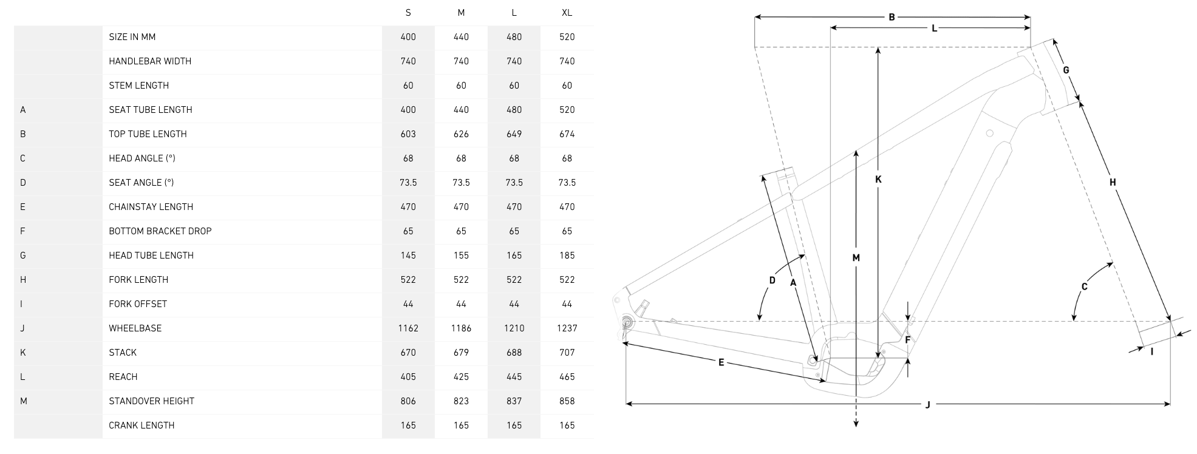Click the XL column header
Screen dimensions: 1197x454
point(567,13)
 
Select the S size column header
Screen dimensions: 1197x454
point(408,13)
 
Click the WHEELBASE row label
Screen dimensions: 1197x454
point(135,328)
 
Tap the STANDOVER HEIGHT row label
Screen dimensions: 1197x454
point(151,401)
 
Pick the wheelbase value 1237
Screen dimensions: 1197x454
point(567,328)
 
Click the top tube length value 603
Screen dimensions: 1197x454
point(408,134)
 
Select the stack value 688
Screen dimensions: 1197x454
point(514,353)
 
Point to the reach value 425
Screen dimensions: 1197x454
point(461,377)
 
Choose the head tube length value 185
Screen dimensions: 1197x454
point(567,256)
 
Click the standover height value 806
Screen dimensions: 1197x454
point(408,401)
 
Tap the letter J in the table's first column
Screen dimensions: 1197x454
point(22,328)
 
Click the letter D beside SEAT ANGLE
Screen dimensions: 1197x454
point(23,183)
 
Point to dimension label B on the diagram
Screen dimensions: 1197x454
point(892,17)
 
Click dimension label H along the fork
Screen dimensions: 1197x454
point(1113,182)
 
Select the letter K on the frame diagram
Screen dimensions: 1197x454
point(878,180)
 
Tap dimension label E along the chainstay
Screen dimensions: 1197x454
point(721,362)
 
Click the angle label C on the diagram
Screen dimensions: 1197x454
point(1084,287)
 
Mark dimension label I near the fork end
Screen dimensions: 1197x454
point(1151,351)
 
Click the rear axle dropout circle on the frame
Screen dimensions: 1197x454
point(627,321)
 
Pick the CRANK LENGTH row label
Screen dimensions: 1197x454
point(142,425)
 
